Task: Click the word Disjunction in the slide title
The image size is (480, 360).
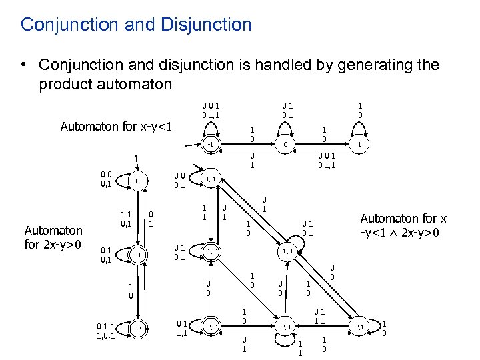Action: (x=205, y=25)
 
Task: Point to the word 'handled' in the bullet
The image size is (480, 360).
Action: (x=263, y=65)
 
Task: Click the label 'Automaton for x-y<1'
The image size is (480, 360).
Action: (x=116, y=127)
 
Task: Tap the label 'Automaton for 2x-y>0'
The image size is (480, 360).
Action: (x=53, y=237)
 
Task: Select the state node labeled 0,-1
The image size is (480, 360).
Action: (x=211, y=179)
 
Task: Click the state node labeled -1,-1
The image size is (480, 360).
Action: (x=211, y=251)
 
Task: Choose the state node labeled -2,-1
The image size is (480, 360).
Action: (x=211, y=326)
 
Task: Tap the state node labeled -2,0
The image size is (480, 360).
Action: (x=285, y=326)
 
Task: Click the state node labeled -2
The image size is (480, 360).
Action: (x=136, y=328)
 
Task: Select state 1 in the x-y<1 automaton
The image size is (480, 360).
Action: (x=360, y=143)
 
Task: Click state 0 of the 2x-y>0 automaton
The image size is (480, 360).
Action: (x=136, y=181)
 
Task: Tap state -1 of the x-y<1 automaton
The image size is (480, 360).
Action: (x=211, y=143)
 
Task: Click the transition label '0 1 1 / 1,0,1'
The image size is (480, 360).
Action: (x=105, y=331)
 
